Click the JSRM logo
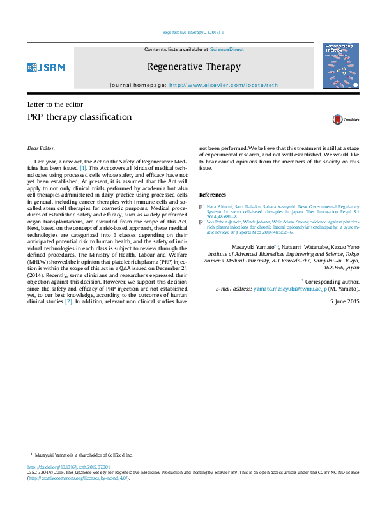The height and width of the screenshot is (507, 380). [46, 67]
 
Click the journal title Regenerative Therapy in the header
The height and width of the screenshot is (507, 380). [194, 66]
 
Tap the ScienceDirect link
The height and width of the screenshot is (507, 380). [227, 49]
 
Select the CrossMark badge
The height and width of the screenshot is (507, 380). [346, 119]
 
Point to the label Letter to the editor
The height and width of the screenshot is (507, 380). [55, 104]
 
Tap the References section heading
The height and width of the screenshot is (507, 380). [213, 195]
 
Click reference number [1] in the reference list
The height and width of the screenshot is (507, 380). [202, 207]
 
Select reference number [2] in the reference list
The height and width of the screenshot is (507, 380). [202, 222]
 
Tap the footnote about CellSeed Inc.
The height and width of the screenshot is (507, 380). [83, 455]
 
